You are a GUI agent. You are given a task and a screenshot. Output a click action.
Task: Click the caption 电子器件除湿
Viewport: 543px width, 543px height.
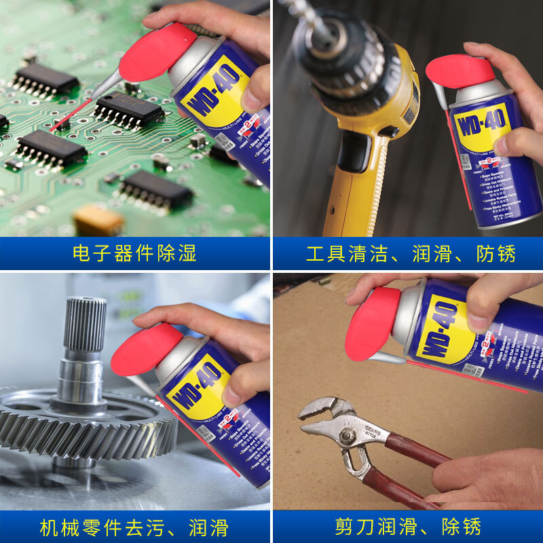[x=134, y=254]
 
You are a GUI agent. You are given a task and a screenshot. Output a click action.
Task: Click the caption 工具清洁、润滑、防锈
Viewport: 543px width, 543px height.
[x=411, y=254]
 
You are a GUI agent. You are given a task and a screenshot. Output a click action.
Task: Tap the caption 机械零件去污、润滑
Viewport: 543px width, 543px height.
[x=134, y=527]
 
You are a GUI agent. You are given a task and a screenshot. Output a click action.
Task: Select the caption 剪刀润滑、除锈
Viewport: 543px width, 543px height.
[x=408, y=527]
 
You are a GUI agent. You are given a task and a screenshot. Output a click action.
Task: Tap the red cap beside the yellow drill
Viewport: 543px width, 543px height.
[x=460, y=71]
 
